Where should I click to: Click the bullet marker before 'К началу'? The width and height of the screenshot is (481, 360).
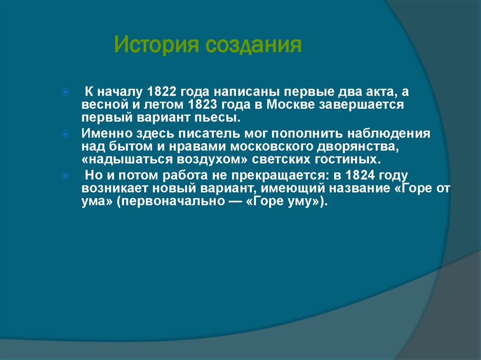(66, 92)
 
